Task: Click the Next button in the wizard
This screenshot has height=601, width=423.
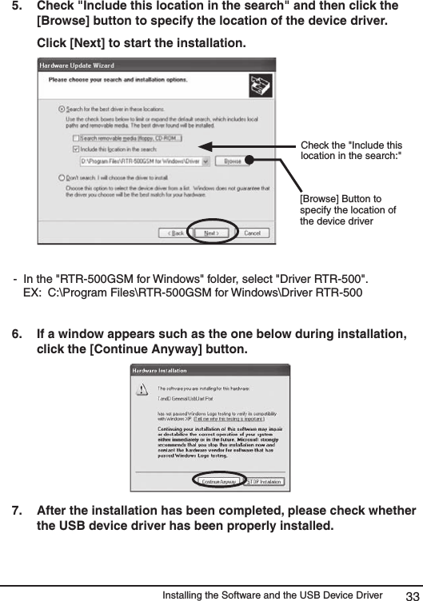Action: pos(210,233)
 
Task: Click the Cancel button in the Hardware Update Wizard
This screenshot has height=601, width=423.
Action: pos(251,233)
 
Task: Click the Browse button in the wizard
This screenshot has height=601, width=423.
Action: pos(233,161)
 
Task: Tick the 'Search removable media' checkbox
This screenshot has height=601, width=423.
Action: pos(66,137)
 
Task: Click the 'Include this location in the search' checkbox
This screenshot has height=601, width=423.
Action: pos(66,148)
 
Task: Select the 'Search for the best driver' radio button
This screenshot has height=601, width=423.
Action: pos(62,109)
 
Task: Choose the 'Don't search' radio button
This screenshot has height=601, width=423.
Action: pos(62,177)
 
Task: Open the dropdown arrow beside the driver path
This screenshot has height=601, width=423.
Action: pos(206,161)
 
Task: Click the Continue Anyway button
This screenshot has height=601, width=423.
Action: pos(218,482)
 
